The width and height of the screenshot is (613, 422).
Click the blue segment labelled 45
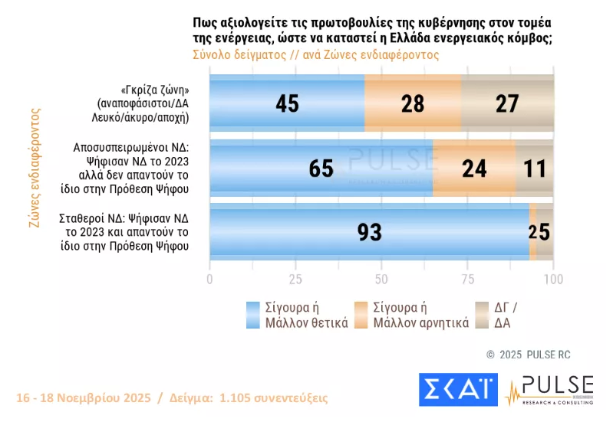click(287, 104)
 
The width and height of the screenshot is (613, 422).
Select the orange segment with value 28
click(413, 104)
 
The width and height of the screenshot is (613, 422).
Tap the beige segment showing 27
click(507, 104)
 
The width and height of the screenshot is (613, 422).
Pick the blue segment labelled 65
click(321, 168)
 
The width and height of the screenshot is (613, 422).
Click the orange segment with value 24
click(474, 168)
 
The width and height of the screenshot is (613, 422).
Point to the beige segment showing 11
click(534, 168)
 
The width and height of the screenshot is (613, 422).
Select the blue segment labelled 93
click(369, 232)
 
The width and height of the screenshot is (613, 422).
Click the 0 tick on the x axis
click(209, 279)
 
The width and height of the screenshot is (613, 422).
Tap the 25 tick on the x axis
click(295, 279)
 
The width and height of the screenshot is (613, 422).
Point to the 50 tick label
click(381, 279)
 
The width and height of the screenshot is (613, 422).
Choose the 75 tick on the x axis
click(467, 279)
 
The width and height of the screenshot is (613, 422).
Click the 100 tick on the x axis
click(553, 279)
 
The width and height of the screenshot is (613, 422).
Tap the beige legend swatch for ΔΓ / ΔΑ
click(483, 315)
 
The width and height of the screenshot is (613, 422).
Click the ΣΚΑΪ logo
click(458, 390)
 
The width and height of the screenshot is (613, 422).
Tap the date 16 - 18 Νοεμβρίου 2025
click(84, 398)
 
